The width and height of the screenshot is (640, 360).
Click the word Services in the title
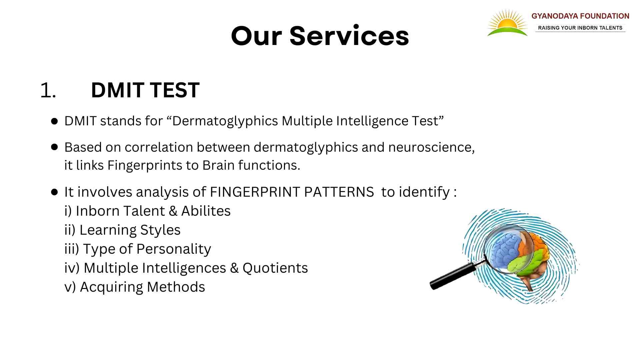pyautogui.click(x=349, y=36)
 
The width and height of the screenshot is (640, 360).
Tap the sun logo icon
pyautogui.click(x=507, y=23)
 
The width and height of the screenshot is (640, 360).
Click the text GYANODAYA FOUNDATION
pyautogui.click(x=580, y=16)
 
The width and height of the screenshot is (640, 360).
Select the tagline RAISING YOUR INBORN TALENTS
pyautogui.click(x=580, y=28)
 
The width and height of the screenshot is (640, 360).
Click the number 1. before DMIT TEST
pyautogui.click(x=48, y=90)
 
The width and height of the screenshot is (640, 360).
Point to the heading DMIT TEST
pyautogui.click(x=145, y=90)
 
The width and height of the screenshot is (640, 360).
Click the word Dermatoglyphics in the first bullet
pyautogui.click(x=225, y=121)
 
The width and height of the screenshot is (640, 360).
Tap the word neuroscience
pyautogui.click(x=432, y=147)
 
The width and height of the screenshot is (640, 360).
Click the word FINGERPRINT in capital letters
pyautogui.click(x=255, y=192)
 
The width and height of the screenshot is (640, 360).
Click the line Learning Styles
pyautogui.click(x=122, y=230)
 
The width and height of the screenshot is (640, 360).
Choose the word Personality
pyautogui.click(x=174, y=249)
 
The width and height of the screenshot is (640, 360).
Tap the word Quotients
pyautogui.click(x=275, y=268)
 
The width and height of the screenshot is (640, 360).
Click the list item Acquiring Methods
pyautogui.click(x=135, y=287)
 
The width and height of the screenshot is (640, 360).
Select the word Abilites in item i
pyautogui.click(x=206, y=211)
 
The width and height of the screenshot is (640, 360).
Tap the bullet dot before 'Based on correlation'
pyautogui.click(x=55, y=147)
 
